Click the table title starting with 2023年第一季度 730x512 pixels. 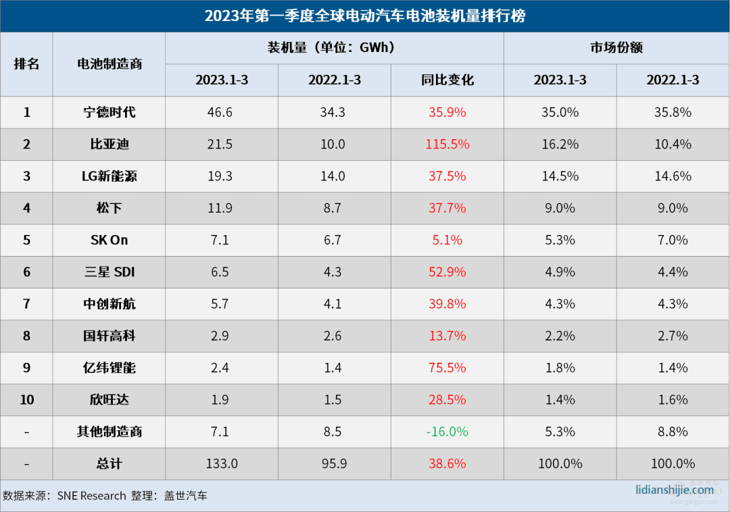[x=365, y=16]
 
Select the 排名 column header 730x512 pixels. [x=26, y=64]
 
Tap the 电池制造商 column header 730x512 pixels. [x=109, y=64]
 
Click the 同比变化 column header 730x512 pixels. [x=447, y=80]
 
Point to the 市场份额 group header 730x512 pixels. [x=616, y=48]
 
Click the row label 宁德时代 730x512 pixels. [x=109, y=112]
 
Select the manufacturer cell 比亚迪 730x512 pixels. [x=109, y=144]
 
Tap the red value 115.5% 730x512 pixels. [x=447, y=144]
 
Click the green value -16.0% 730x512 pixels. [x=447, y=432]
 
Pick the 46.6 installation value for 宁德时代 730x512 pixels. [x=220, y=112]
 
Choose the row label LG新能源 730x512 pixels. [x=109, y=176]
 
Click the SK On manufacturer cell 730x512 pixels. [x=109, y=240]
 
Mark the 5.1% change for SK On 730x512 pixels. [x=447, y=240]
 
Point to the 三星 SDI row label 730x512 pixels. [x=109, y=272]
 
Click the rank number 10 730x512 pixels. [x=26, y=400]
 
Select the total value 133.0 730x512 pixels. [x=220, y=464]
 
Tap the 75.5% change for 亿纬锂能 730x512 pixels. [x=447, y=368]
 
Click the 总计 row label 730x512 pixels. [x=109, y=464]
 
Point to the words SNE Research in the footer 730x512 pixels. [x=91, y=496]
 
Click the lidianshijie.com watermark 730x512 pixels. [x=675, y=490]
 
